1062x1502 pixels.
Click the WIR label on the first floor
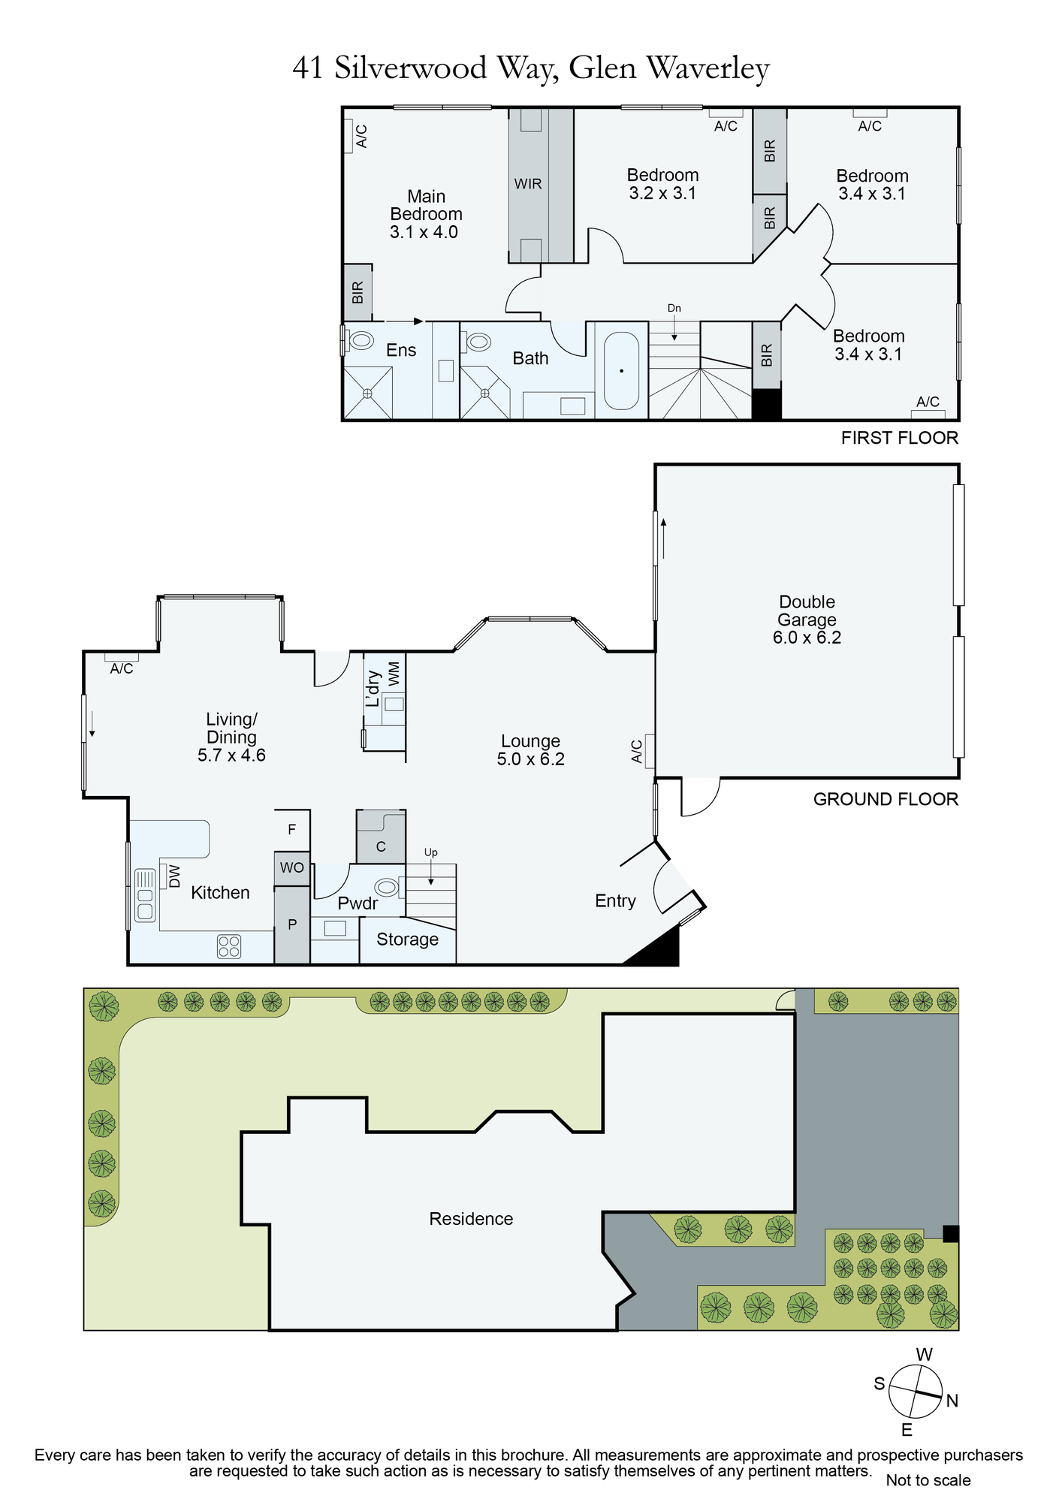pyautogui.click(x=528, y=183)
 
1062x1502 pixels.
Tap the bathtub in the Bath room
pyautogui.click(x=622, y=370)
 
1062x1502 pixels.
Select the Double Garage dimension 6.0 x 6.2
pyautogui.click(x=807, y=638)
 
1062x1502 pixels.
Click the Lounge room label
pyautogui.click(x=530, y=741)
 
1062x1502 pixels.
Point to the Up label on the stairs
pyautogui.click(x=431, y=852)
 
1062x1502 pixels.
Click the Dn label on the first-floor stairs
pyautogui.click(x=674, y=308)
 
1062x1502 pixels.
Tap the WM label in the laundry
pyautogui.click(x=394, y=674)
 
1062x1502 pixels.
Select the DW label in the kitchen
pyautogui.click(x=174, y=876)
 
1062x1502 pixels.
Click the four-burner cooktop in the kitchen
pyautogui.click(x=229, y=946)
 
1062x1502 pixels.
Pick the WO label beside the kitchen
pyautogui.click(x=292, y=868)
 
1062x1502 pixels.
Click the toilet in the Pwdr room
pyautogui.click(x=386, y=888)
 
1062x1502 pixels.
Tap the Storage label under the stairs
pyautogui.click(x=407, y=940)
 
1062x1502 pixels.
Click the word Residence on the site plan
pyautogui.click(x=471, y=1219)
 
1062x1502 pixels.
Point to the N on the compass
pyautogui.click(x=952, y=1401)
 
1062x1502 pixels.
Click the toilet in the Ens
pyautogui.click(x=360, y=340)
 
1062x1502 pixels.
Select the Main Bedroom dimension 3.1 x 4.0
pyautogui.click(x=424, y=232)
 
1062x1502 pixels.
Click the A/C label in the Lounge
pyautogui.click(x=637, y=751)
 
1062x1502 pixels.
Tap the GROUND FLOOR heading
pyautogui.click(x=886, y=799)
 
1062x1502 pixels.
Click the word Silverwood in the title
pyautogui.click(x=411, y=68)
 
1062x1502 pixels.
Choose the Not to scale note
pyautogui.click(x=928, y=1480)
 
